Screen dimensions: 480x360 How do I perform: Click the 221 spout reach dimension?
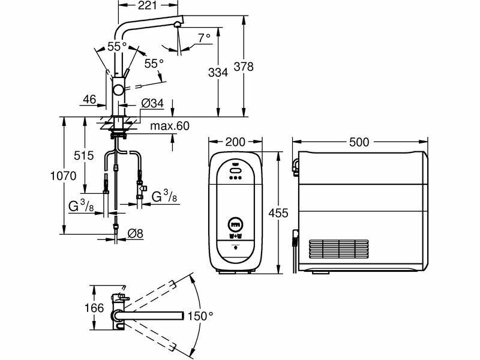click(147, 5)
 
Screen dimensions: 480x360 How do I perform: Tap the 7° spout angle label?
click(204, 38)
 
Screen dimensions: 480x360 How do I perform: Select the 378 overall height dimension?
click(244, 67)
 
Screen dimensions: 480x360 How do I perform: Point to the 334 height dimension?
click(218, 73)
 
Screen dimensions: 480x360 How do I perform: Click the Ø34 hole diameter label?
click(152, 103)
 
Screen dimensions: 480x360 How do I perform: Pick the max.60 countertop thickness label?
click(170, 126)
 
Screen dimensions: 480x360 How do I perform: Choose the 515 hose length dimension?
click(83, 155)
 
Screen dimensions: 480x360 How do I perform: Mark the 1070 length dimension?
click(64, 176)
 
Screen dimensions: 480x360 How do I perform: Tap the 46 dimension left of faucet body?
click(89, 100)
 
